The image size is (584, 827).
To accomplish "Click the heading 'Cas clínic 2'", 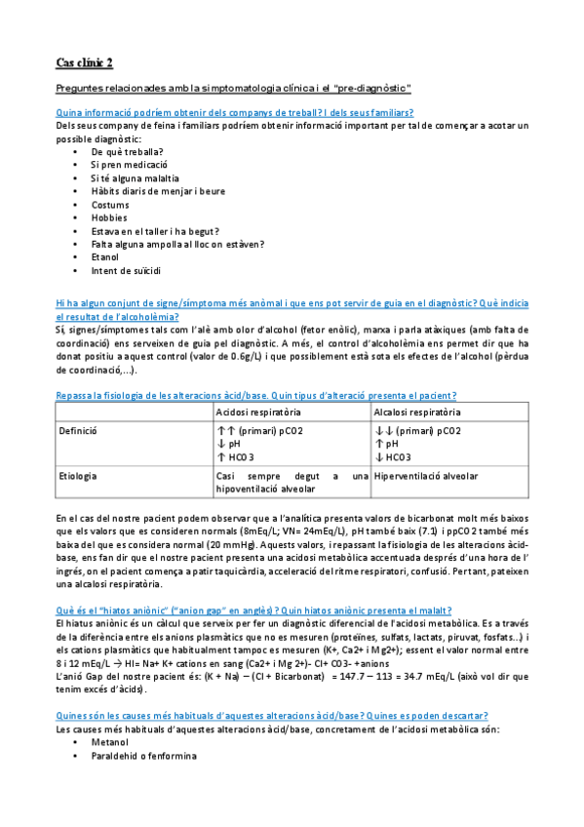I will (x=85, y=63).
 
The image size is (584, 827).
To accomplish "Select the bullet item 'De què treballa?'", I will (x=128, y=152).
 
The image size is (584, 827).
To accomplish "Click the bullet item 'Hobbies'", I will (x=109, y=217).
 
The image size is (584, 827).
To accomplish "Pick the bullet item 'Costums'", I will (x=110, y=205).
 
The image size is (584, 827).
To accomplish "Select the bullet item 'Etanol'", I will (x=106, y=257).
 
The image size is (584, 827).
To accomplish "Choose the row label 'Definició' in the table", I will (x=78, y=429).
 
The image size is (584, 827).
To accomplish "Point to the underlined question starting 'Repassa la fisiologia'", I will (x=256, y=394).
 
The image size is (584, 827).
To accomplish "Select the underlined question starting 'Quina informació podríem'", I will (x=234, y=112).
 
